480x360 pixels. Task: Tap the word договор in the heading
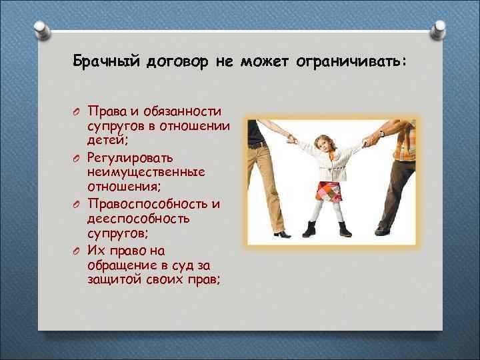[175, 62]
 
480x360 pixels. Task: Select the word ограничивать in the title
[357, 62]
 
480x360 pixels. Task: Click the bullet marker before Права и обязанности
[77, 111]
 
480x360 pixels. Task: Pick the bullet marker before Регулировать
[77, 157]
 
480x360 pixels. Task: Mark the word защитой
[111, 279]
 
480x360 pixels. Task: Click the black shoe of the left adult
[280, 234]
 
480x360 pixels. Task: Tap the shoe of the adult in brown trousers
[384, 230]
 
